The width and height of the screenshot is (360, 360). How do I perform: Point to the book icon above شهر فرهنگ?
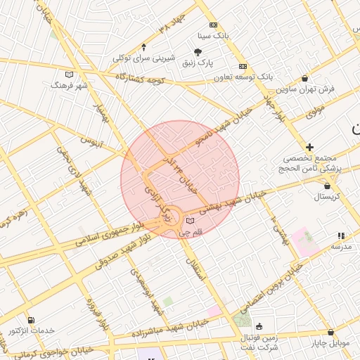click(x=69, y=74)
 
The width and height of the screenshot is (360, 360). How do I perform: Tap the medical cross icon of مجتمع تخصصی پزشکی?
click(x=309, y=147)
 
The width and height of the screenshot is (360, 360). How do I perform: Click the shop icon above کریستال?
click(x=327, y=186)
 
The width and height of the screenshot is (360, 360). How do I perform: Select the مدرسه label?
click(x=341, y=247)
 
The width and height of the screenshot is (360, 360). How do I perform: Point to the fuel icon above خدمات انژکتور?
click(x=30, y=320)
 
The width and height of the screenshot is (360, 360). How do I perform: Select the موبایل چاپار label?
click(x=330, y=343)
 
